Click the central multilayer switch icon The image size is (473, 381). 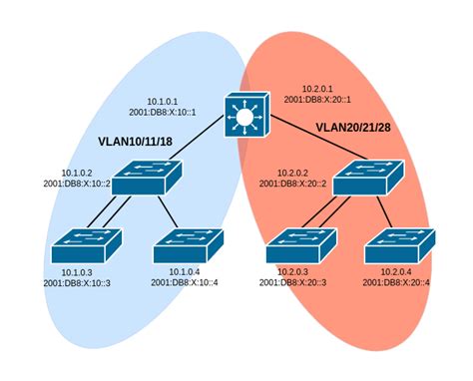click(x=242, y=119)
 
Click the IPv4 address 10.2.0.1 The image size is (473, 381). click(x=320, y=87)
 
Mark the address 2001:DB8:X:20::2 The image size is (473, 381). click(x=293, y=183)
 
